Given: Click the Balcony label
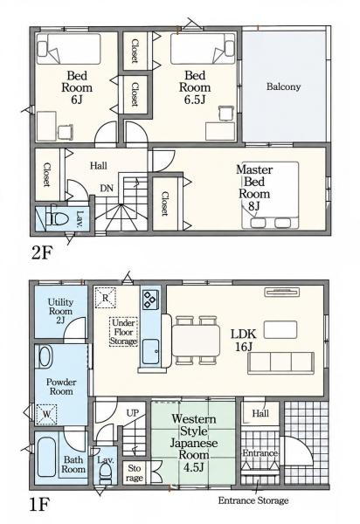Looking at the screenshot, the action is click(283, 86).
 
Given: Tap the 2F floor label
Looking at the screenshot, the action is click(41, 253).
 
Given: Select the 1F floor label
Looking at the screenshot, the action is click(39, 504).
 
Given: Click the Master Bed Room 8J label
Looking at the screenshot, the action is click(254, 188).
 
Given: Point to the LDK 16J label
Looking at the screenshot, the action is click(243, 340).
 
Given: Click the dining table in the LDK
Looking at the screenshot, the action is click(197, 341).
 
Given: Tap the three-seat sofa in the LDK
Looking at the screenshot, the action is click(280, 362).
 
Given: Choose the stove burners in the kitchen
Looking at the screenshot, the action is click(149, 300).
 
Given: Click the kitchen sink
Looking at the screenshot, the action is click(151, 352).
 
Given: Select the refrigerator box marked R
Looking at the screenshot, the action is click(105, 298).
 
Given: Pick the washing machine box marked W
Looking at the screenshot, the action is click(46, 414).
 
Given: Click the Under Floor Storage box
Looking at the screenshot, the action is click(123, 332).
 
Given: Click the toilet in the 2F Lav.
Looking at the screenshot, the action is click(58, 219).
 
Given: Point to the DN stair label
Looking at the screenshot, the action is click(107, 188).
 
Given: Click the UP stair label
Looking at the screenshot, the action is click(132, 413).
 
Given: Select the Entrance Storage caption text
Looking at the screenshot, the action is click(253, 500).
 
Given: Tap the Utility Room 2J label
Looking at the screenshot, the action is click(60, 311).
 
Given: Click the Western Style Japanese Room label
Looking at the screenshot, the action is click(194, 443).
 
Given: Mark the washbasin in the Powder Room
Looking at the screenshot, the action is click(45, 356).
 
